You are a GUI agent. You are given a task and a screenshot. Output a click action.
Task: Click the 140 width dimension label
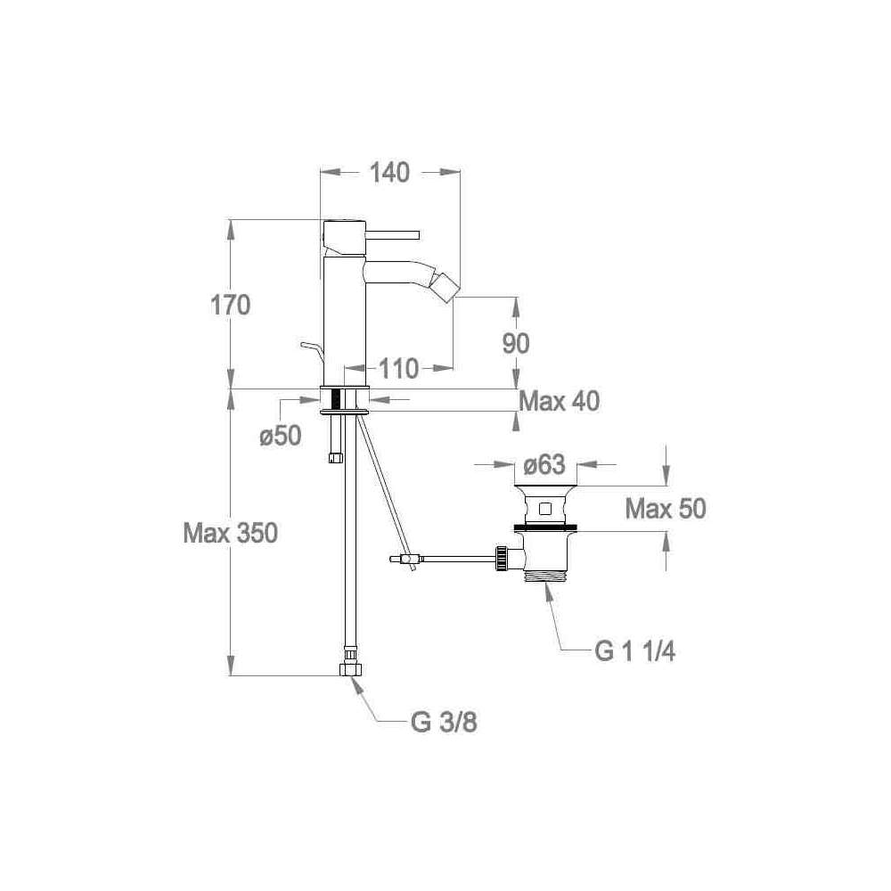tap(389, 173)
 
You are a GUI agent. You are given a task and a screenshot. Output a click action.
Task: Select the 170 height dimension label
tap(230, 305)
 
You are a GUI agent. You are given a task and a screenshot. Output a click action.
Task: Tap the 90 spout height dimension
tap(515, 343)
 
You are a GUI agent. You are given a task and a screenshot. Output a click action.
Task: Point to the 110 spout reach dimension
tap(398, 369)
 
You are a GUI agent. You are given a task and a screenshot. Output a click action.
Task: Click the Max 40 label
tap(560, 402)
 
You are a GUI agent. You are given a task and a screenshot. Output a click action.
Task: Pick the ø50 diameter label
tap(280, 437)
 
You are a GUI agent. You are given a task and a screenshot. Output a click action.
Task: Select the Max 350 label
tap(230, 534)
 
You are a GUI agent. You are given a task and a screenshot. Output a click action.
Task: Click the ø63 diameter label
tap(544, 465)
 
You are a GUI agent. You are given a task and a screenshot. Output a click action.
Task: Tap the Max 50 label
tap(666, 509)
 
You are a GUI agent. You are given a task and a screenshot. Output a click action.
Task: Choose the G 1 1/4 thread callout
tap(634, 651)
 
